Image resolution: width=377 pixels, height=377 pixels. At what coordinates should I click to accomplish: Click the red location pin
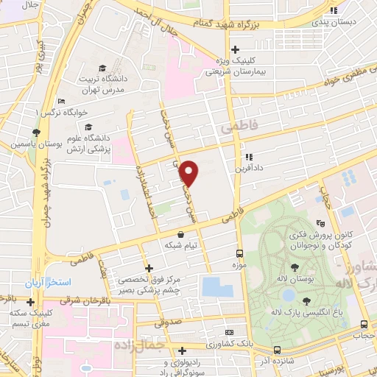tap(190, 172)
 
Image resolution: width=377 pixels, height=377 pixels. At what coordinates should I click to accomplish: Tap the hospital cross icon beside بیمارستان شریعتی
tap(235, 50)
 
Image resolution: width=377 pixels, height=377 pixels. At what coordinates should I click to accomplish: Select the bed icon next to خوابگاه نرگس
tap(63, 101)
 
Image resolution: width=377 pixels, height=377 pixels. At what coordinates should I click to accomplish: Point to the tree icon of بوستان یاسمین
tap(35, 133)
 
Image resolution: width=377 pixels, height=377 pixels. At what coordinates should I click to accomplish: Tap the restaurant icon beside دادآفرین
tap(249, 157)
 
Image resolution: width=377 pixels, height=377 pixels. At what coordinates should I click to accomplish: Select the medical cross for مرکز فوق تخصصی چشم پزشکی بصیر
tap(150, 268)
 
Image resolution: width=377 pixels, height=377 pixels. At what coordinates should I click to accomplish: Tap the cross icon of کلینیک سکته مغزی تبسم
tap(30, 301)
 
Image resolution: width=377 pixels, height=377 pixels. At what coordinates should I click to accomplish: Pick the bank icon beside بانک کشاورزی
tap(228, 333)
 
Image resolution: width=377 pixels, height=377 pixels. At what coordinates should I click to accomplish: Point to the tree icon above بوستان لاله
tap(295, 268)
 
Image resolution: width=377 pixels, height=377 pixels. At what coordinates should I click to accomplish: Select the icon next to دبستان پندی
tap(335, 10)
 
